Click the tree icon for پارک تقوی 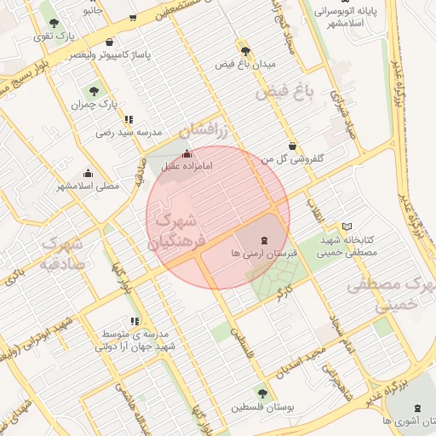(54, 23)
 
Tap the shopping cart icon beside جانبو (132, 17)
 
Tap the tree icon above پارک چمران (91, 90)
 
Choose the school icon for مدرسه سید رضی (128, 120)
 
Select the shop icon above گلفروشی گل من (292, 145)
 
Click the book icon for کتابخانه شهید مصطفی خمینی (345, 227)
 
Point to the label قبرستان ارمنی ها (262, 254)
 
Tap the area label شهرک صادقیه (60, 253)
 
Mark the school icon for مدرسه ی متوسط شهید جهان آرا (111, 320)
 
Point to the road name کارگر (284, 295)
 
